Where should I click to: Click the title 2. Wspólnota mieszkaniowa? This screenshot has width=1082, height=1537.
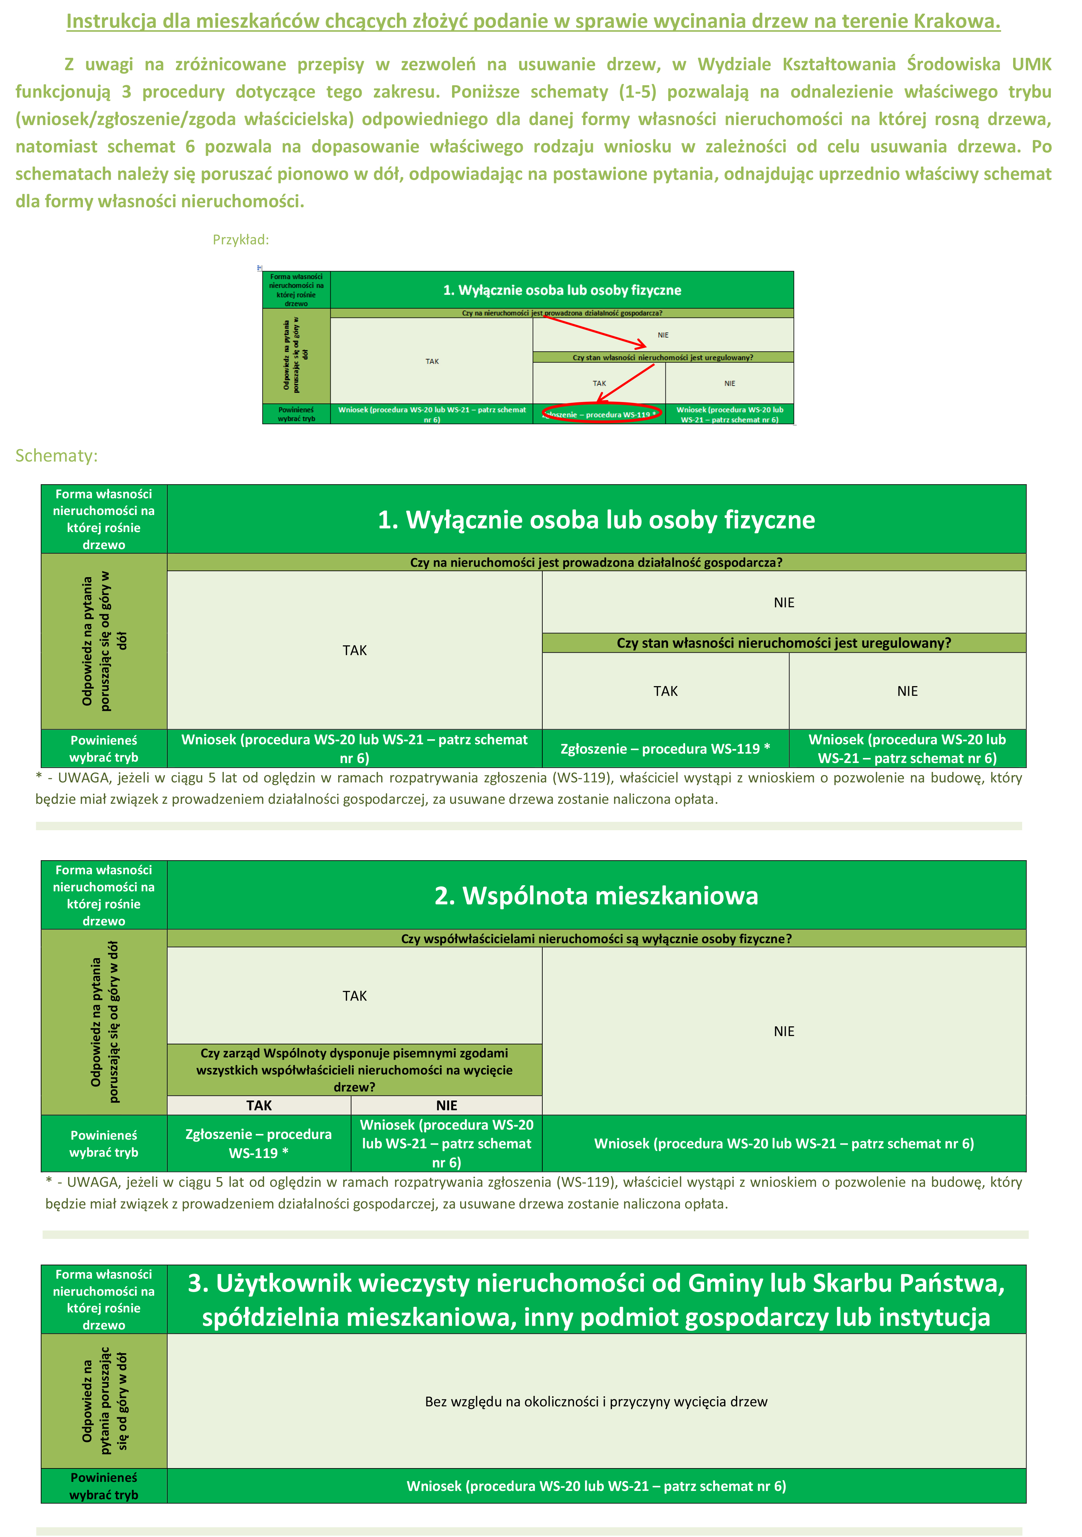point(596,896)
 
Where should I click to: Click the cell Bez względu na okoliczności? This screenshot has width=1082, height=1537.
point(596,1402)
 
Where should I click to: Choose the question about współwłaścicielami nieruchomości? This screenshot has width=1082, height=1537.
point(596,938)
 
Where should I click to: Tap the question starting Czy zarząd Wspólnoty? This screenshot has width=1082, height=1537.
point(354,1070)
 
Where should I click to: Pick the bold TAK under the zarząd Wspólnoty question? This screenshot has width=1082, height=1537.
point(259,1105)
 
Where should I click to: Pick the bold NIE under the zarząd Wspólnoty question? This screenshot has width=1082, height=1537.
point(447,1105)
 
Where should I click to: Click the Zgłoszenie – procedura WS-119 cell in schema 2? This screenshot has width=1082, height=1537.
point(258,1143)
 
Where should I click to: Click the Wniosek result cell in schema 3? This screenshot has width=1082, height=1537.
point(596,1486)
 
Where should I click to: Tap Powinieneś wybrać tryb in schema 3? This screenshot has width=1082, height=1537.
point(104,1486)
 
